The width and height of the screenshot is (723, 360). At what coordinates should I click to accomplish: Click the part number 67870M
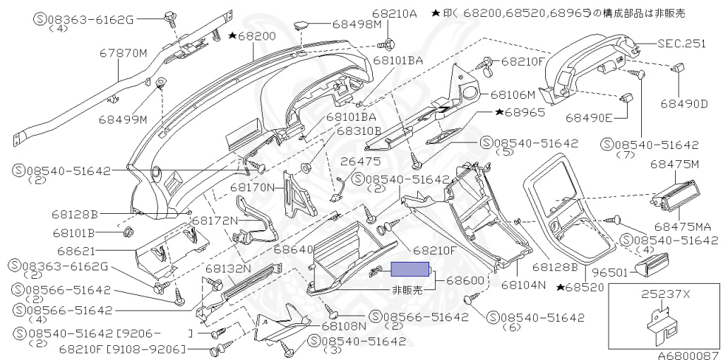[123, 54]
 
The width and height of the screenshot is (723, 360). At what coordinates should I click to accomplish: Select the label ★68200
[252, 36]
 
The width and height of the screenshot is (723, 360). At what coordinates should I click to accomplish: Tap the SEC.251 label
[682, 44]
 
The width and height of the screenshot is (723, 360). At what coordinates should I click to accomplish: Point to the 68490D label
[683, 104]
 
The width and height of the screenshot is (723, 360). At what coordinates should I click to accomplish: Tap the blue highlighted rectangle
[410, 269]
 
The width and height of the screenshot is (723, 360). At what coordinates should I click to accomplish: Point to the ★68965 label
[520, 112]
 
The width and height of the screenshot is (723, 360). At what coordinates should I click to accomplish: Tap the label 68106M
[513, 95]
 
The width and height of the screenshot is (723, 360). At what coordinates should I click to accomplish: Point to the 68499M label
[123, 120]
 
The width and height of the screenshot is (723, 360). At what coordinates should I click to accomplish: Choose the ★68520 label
[580, 287]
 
